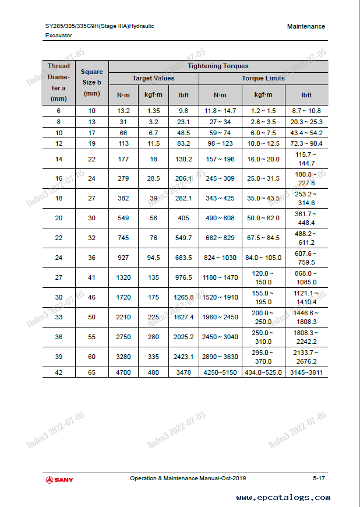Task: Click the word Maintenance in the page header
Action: coord(306,26)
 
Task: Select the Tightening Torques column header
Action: coord(218,66)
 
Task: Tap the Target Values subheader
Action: coord(153,78)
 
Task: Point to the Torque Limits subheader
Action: coord(263,78)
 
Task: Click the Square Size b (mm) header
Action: coord(92,82)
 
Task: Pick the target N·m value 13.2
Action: coord(123,111)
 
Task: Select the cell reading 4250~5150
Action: coord(220,372)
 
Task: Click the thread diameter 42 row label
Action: coord(58,372)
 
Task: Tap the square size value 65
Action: coord(92,372)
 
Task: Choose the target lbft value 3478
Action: coord(183,372)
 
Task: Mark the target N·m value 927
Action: coord(123,258)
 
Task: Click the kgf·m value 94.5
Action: coord(153,258)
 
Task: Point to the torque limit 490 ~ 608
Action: coord(220,218)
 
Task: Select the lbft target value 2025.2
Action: coord(183,337)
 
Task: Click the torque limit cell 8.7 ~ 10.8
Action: coord(306,111)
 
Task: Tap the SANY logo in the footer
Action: coord(59,480)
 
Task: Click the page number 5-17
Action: coord(319,478)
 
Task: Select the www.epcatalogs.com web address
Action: coord(283,498)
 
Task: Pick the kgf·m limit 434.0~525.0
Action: coord(263,372)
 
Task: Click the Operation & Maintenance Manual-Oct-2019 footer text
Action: coord(188,478)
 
